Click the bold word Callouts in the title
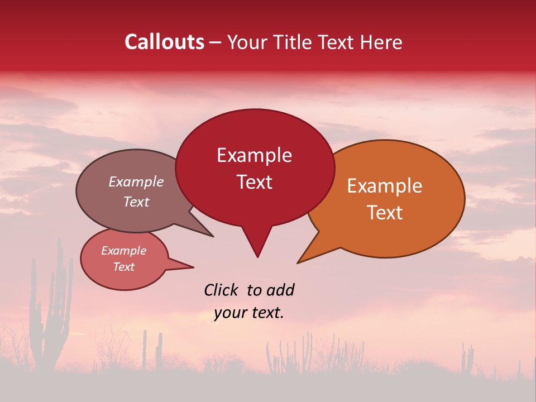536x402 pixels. coord(164,42)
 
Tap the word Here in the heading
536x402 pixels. coord(382,42)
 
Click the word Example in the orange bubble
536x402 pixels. coord(385,186)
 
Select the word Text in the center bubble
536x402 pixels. coord(255,182)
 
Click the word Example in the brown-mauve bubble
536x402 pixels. coord(136,181)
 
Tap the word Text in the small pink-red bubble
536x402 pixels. coord(123,267)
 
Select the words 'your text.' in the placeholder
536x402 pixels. coord(249,313)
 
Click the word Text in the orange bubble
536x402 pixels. coord(385,213)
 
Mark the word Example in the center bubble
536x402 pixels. coord(255,155)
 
